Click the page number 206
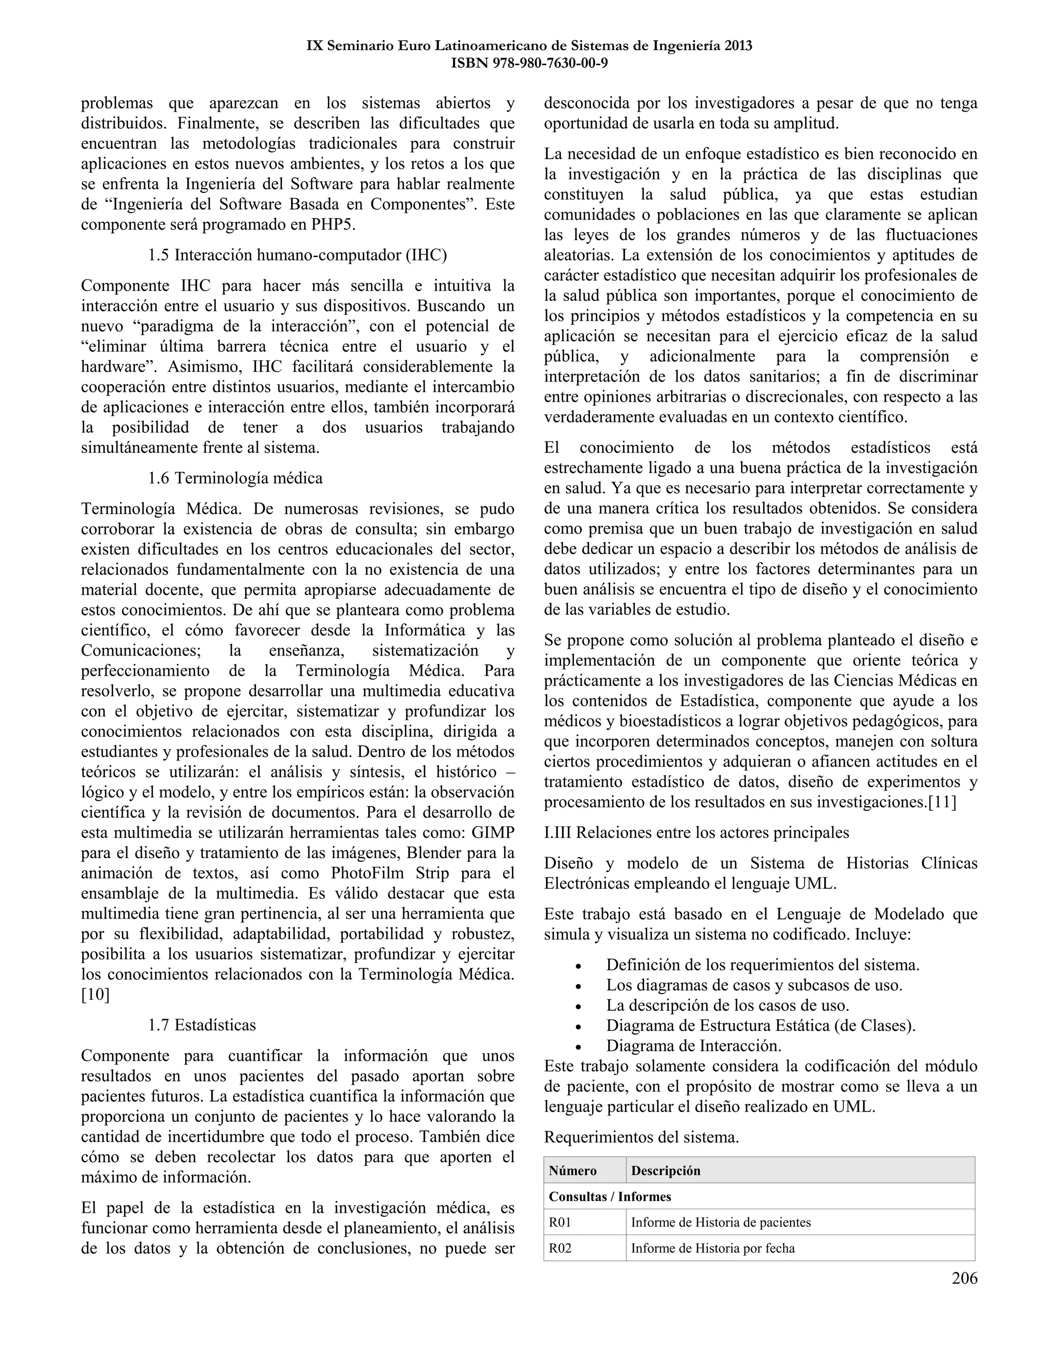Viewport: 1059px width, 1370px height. [x=964, y=1278]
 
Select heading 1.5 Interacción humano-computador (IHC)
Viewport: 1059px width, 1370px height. [x=297, y=255]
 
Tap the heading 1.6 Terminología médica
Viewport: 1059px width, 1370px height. [x=235, y=478]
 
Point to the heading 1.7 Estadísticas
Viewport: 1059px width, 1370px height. [x=202, y=1025]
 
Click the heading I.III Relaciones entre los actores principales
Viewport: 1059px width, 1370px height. [x=697, y=832]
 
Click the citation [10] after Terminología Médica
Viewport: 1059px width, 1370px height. [x=95, y=995]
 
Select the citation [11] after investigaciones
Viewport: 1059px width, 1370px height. [x=942, y=802]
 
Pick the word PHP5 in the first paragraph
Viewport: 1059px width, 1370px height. [x=333, y=224]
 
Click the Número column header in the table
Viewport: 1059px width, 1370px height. [x=572, y=1170]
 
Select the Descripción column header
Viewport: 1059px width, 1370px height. [x=665, y=1170]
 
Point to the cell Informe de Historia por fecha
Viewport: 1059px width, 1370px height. [x=712, y=1249]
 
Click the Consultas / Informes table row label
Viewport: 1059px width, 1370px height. [x=610, y=1196]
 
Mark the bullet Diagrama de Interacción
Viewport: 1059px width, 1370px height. [x=693, y=1046]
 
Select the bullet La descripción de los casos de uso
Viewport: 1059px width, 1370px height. [x=727, y=1005]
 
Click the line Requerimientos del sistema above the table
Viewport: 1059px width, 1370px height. [x=641, y=1137]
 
